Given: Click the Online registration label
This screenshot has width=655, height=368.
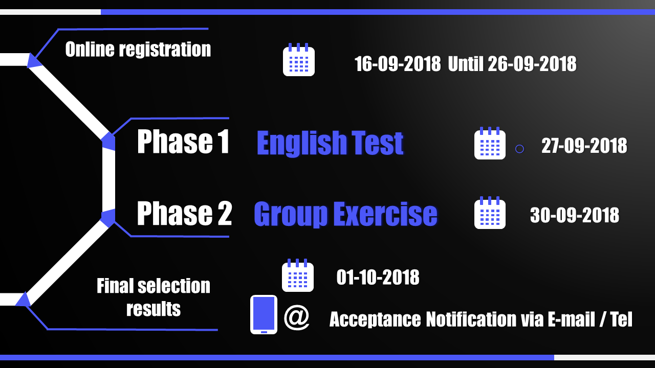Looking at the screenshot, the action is click(x=138, y=49).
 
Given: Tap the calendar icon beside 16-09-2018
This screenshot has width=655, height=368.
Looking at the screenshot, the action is click(x=298, y=60).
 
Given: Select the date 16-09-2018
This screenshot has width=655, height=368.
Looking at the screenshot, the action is click(x=398, y=64).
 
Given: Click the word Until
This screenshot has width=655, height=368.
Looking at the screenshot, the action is click(x=466, y=64).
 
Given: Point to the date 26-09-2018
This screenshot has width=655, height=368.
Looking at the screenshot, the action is click(x=532, y=64).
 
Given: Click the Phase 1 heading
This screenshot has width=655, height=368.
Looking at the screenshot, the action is click(x=183, y=142).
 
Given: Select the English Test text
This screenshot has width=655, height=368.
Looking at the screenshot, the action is click(x=330, y=143).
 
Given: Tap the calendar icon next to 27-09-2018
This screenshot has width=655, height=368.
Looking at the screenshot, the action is click(x=490, y=143).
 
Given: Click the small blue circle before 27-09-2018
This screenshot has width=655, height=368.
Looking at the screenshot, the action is click(x=519, y=149).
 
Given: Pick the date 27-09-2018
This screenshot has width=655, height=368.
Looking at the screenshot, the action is click(x=584, y=146).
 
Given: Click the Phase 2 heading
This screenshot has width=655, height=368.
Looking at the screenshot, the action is click(x=185, y=213).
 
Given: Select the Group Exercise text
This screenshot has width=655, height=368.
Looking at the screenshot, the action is click(x=345, y=214).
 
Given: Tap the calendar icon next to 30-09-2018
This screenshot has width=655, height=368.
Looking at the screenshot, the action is click(x=490, y=213).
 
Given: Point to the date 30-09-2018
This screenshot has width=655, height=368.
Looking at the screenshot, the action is click(x=575, y=215).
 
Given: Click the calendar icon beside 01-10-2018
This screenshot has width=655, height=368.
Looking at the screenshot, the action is click(x=298, y=275).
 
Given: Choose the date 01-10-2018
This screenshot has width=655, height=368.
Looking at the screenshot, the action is click(x=378, y=277).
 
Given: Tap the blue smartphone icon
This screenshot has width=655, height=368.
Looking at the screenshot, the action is click(x=264, y=314).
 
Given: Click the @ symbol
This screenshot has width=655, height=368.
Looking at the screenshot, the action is click(x=296, y=317).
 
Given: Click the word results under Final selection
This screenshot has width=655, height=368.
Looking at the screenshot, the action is click(x=154, y=309).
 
